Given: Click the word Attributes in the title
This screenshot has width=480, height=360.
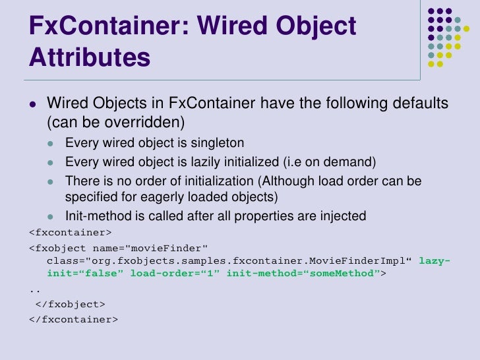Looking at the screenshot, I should (90, 58).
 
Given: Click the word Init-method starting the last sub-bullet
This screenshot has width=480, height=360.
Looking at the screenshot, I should (96, 216).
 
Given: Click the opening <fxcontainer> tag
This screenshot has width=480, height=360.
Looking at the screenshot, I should (70, 232).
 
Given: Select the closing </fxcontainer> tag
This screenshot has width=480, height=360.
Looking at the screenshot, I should (73, 319).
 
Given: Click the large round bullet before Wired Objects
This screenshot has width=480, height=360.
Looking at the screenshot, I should (32, 104).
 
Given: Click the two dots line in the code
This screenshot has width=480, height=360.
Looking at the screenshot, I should (34, 290).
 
